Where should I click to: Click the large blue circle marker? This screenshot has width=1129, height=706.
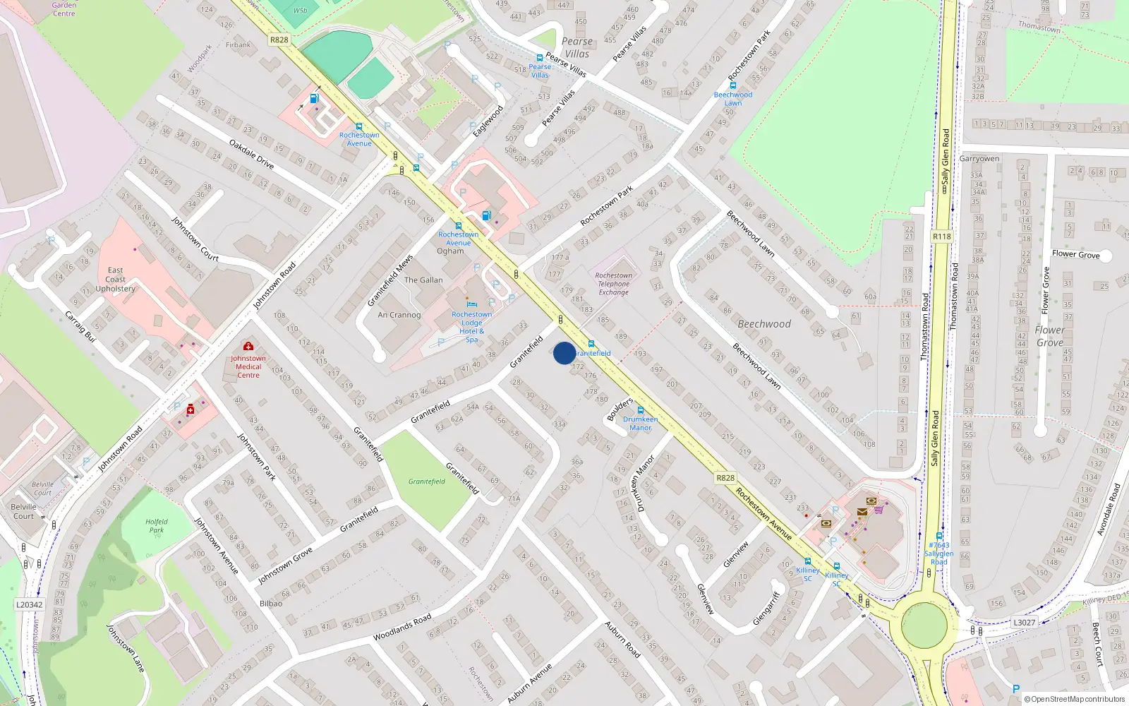pyautogui.click(x=564, y=353)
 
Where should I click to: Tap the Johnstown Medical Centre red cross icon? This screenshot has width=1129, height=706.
pyautogui.click(x=248, y=346)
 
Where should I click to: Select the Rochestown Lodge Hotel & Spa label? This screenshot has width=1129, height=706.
pyautogui.click(x=471, y=327)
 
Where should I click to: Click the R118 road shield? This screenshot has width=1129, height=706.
pyautogui.click(x=941, y=237)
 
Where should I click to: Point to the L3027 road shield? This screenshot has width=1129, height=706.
pyautogui.click(x=1024, y=622)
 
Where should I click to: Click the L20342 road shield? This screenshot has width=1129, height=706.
pyautogui.click(x=29, y=604)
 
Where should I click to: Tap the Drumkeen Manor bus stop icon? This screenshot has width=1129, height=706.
pyautogui.click(x=641, y=410)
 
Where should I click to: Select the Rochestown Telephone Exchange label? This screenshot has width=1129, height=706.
pyautogui.click(x=613, y=284)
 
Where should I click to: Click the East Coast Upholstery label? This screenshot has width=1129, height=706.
pyautogui.click(x=116, y=280)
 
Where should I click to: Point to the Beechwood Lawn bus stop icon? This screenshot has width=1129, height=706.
pyautogui.click(x=733, y=85)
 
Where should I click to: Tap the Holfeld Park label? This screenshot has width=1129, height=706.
pyautogui.click(x=156, y=526)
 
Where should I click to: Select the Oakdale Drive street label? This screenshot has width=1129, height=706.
pyautogui.click(x=251, y=154)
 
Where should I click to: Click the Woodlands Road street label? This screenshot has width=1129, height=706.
pyautogui.click(x=402, y=627)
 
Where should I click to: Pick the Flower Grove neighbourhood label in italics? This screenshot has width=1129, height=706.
pyautogui.click(x=1050, y=336)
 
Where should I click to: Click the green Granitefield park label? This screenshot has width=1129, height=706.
pyautogui.click(x=427, y=481)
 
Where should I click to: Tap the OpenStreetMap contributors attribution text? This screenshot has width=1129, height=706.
pyautogui.click(x=1075, y=699)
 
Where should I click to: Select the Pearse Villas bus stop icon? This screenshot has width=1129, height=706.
pyautogui.click(x=540, y=58)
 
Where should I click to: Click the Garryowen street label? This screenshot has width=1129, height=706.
pyautogui.click(x=979, y=159)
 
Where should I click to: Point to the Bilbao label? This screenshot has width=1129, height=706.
pyautogui.click(x=271, y=604)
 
